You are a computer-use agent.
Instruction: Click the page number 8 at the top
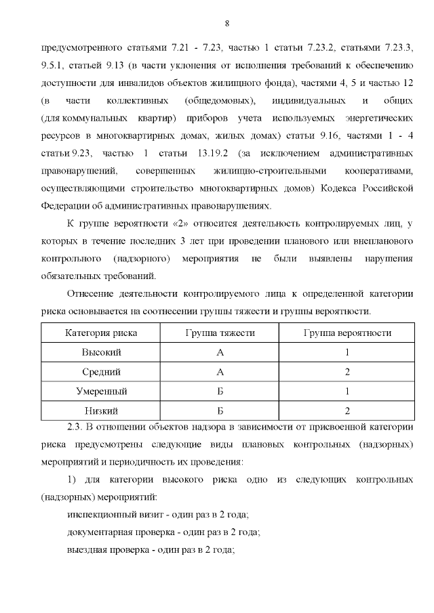point(226,24)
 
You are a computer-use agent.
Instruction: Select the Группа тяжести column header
point(220,333)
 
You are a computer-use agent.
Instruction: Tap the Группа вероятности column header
point(347,333)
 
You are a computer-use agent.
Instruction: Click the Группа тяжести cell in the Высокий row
point(220,352)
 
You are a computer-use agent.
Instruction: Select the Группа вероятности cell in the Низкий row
point(347,410)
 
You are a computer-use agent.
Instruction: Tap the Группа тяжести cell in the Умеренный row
point(220,392)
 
